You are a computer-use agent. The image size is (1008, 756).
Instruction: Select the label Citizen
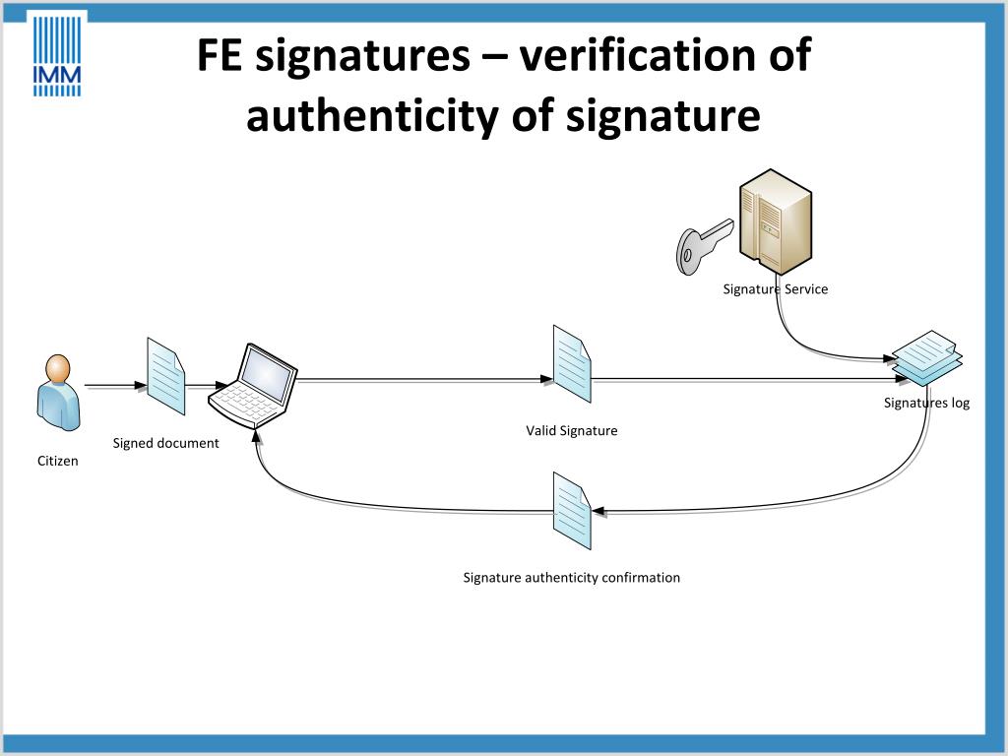point(57,461)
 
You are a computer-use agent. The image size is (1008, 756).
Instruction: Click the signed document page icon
point(165,376)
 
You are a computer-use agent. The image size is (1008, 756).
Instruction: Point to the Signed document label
point(165,443)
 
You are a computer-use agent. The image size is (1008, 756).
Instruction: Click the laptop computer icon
point(253,385)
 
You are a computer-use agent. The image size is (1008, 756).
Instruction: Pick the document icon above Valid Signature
point(572,364)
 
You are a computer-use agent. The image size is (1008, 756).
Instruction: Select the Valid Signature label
point(571,430)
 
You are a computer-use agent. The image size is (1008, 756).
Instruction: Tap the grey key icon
point(703,243)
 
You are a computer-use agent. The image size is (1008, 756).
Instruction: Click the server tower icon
point(776,220)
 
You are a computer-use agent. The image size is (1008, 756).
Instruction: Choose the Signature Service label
point(775,289)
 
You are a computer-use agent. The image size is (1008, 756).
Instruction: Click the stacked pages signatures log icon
point(926,357)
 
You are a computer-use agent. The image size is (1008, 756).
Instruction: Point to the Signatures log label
point(926,403)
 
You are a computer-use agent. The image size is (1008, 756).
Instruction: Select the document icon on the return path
point(572,510)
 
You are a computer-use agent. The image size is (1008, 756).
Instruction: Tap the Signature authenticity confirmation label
point(571,578)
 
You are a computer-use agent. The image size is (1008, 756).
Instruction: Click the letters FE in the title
point(220,55)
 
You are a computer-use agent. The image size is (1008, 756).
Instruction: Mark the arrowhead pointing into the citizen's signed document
point(140,385)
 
